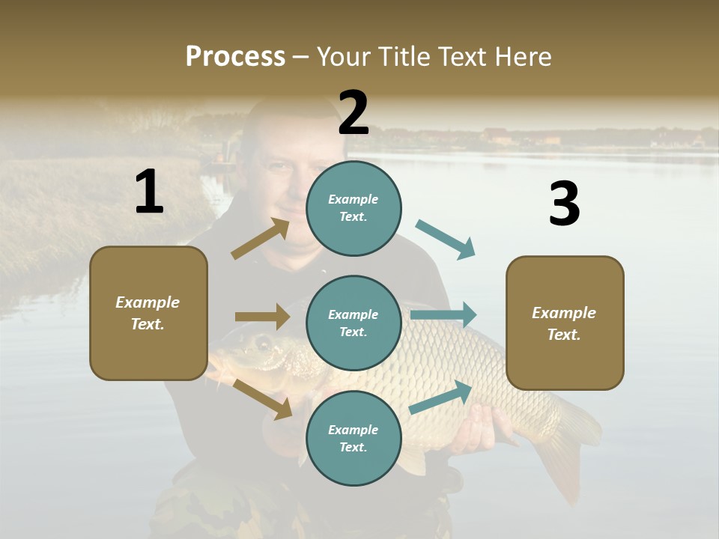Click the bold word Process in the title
tap(235, 57)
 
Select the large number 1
tap(149, 192)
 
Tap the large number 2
tap(354, 113)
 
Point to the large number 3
tap(564, 204)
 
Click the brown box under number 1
tap(148, 313)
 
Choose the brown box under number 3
tap(565, 323)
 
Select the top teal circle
tap(354, 208)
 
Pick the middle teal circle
tap(354, 323)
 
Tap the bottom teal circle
tap(354, 438)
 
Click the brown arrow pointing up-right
tap(261, 239)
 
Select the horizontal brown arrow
tap(262, 317)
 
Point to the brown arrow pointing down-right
tap(262, 399)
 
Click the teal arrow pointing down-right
tap(446, 240)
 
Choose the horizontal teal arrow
tap(443, 314)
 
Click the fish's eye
tap(264, 344)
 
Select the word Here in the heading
tap(521, 57)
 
